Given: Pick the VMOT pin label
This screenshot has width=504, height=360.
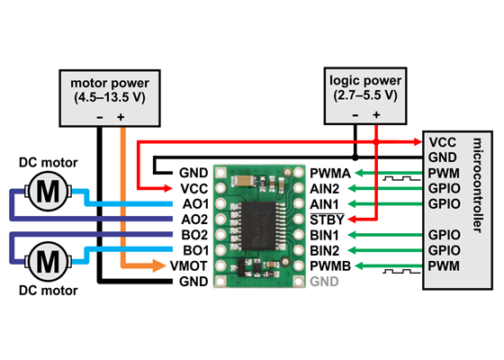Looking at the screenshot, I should coord(190,265).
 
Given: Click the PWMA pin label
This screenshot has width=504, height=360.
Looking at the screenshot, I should coord(329,173).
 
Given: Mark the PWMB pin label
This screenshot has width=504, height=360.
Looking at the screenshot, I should coord(329,265).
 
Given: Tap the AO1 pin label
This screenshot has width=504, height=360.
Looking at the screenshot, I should coord(193,203).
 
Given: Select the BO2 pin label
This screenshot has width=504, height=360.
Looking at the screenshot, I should coord(193,234).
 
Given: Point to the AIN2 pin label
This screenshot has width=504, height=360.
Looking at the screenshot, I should coord(326,188).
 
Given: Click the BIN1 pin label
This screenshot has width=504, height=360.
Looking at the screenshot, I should coord(326,234).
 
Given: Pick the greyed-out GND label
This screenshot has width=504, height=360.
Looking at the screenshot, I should coord(324,281).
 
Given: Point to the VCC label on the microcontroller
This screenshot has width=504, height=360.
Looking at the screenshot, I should coord(442,141).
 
